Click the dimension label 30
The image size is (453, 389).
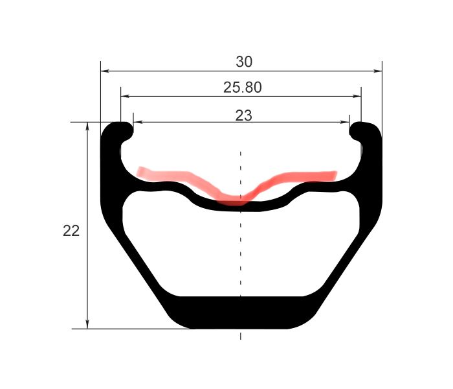tap(244, 62)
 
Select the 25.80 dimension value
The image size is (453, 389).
tap(243, 87)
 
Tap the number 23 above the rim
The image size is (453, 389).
tap(243, 115)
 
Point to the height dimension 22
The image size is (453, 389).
tap(71, 231)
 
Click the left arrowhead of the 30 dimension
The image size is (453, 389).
tap(105, 71)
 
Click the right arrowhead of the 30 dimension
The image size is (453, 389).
tap(378, 71)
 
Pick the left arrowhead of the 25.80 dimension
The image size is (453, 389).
tap(124, 96)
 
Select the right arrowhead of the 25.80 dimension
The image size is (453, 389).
tap(357, 96)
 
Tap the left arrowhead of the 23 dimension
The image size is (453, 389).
tap(138, 122)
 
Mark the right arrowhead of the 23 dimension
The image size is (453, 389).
tap(345, 122)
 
